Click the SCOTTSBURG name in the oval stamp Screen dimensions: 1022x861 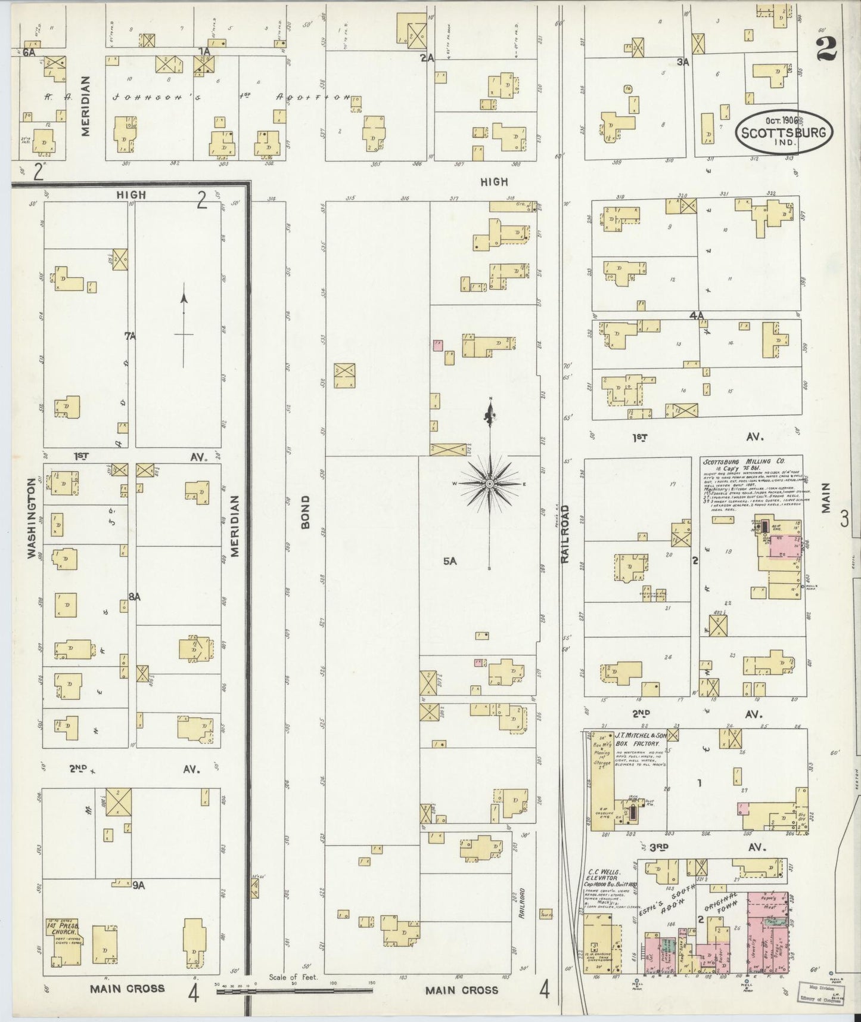784,133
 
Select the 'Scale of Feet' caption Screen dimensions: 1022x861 293,977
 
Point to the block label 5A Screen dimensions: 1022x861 449,561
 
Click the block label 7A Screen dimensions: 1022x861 130,336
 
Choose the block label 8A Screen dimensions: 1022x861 134,596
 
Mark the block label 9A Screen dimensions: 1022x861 138,885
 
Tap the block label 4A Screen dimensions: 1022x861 697,315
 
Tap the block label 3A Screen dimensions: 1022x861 683,60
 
